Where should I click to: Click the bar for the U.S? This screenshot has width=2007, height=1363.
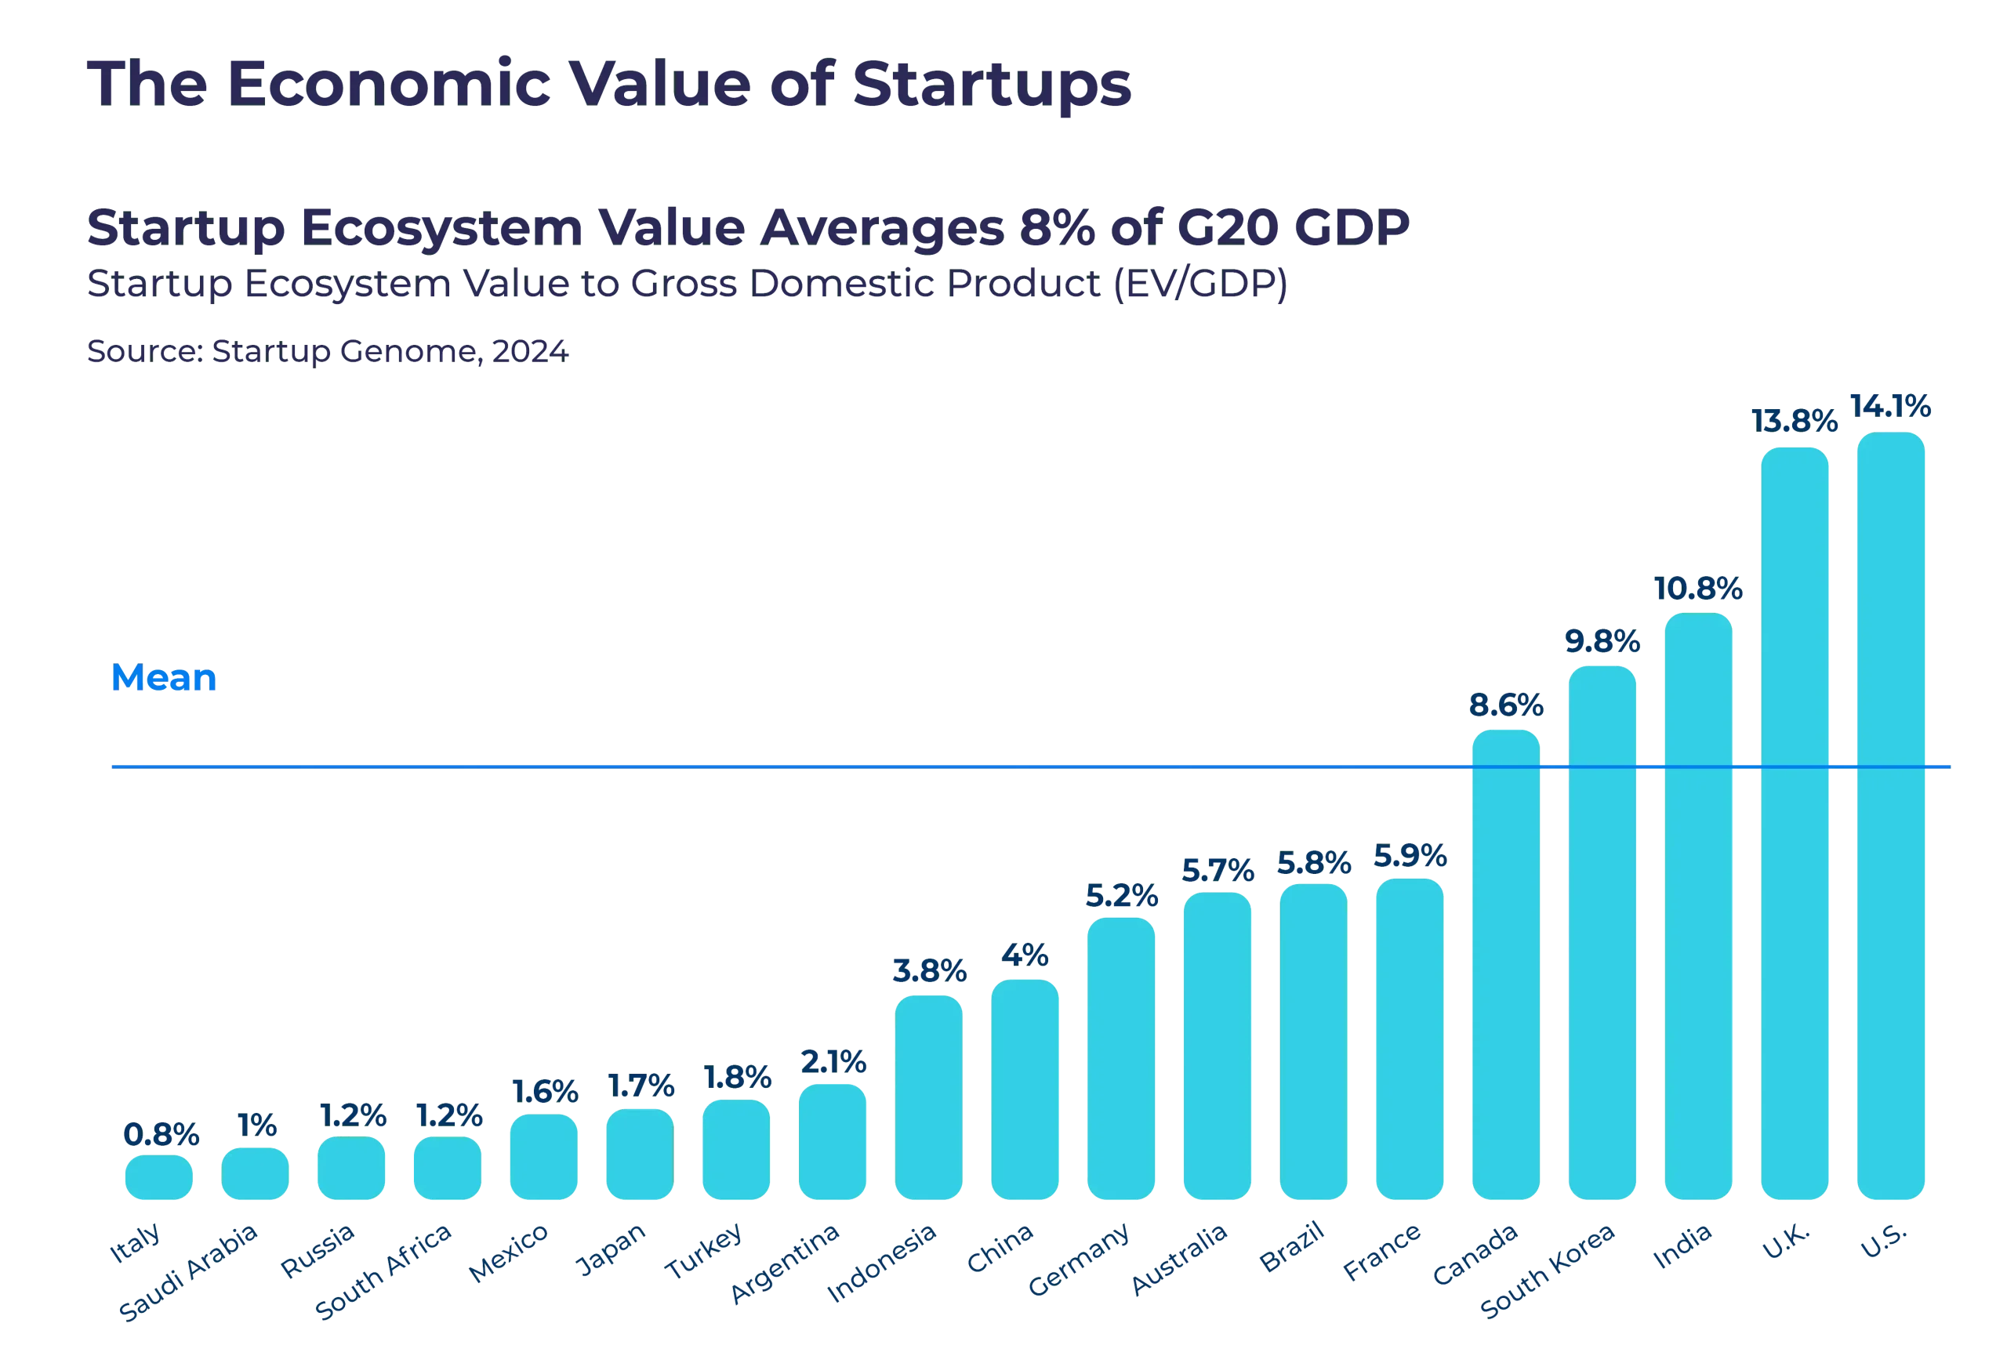tap(1890, 816)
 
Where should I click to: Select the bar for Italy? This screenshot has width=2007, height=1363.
tap(159, 1177)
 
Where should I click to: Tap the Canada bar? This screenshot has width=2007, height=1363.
tap(1505, 964)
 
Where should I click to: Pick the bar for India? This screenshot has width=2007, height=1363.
tap(1698, 905)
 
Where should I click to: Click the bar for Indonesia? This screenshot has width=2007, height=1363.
tap(928, 1097)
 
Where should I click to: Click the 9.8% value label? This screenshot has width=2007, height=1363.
tap(1602, 641)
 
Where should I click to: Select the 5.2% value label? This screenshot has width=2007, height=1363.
tap(1121, 897)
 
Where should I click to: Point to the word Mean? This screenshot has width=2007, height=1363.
tap(164, 679)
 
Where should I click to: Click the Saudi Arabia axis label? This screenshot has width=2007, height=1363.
tap(189, 1271)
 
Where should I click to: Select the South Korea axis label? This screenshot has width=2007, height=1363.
tap(1548, 1271)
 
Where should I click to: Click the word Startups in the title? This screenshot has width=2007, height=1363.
tap(992, 85)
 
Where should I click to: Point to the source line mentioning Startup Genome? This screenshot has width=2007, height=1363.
tap(328, 352)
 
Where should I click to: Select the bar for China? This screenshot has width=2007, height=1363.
tap(1025, 1089)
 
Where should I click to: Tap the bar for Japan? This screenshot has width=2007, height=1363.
tap(639, 1154)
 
